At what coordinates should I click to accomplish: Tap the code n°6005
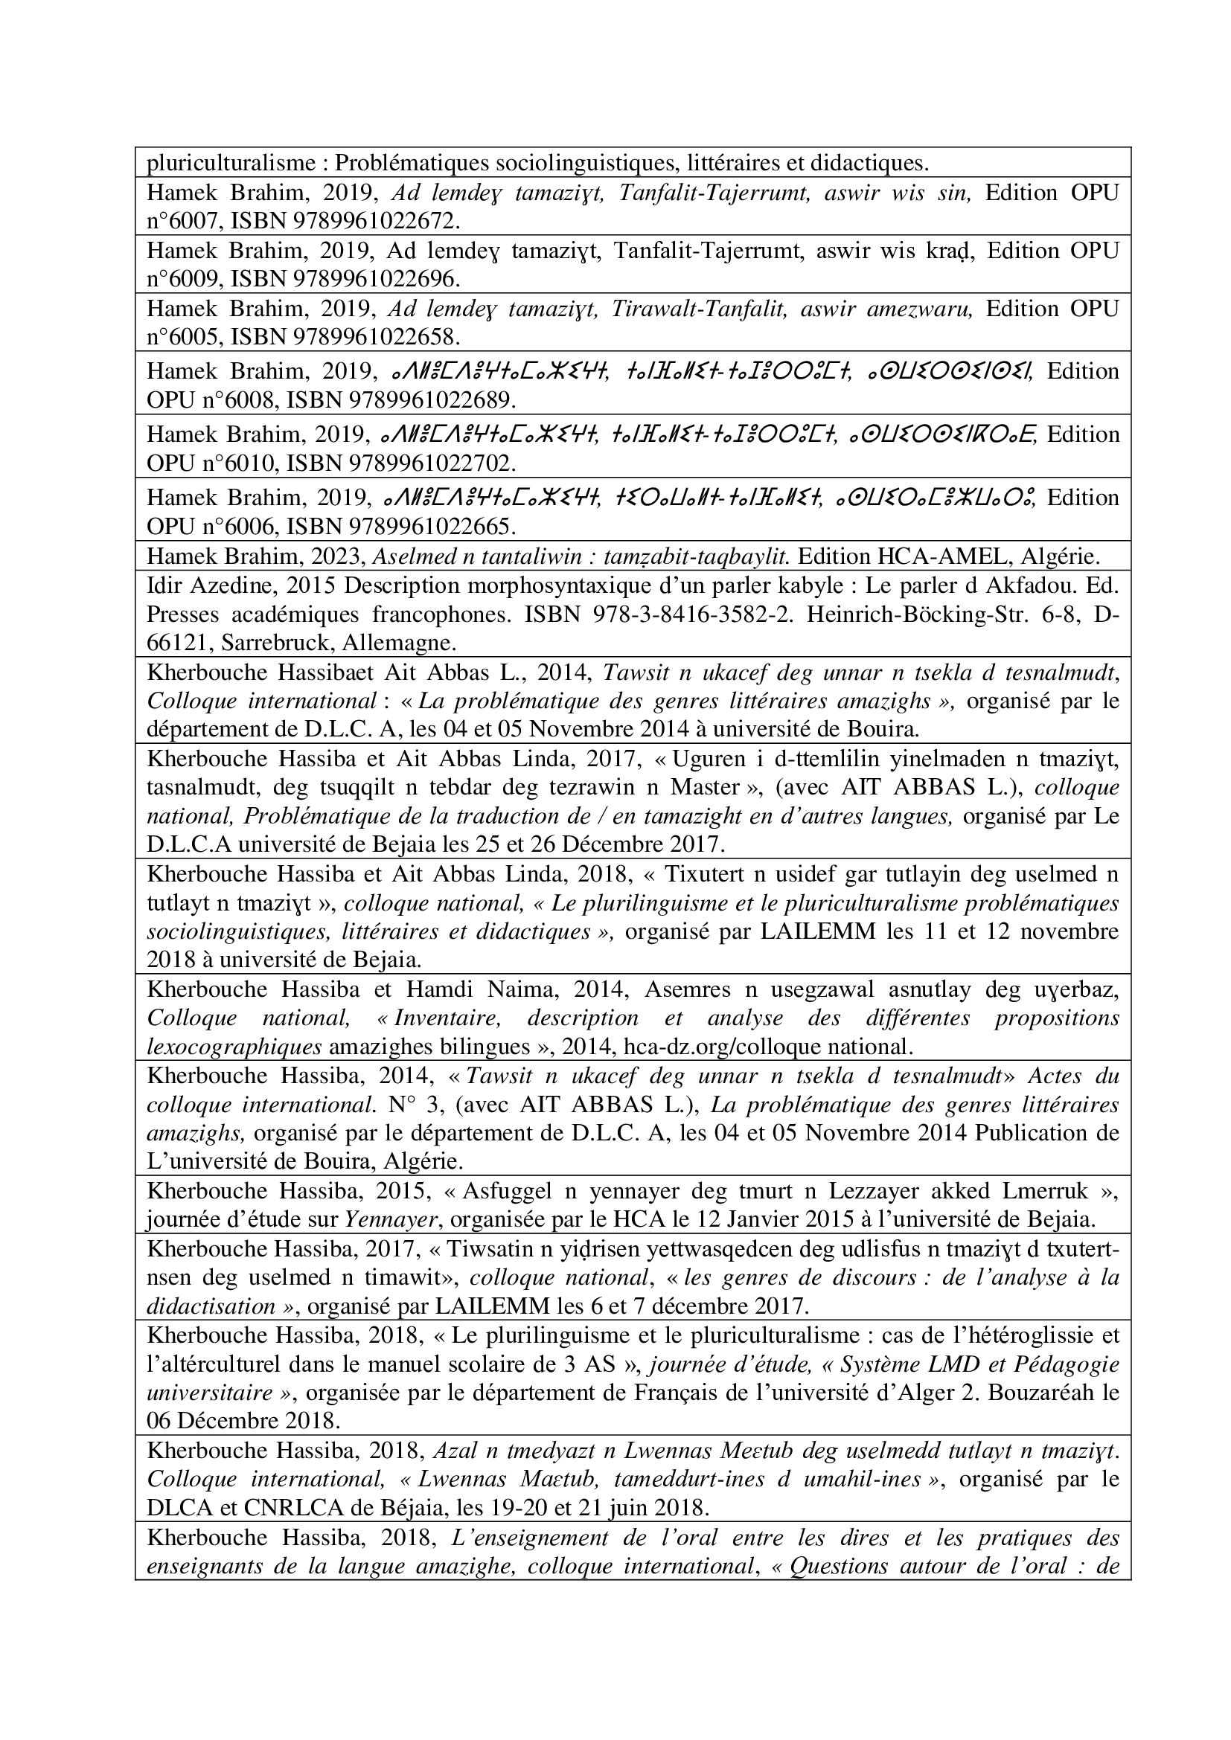pos(182,336)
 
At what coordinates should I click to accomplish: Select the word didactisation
pos(211,1306)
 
